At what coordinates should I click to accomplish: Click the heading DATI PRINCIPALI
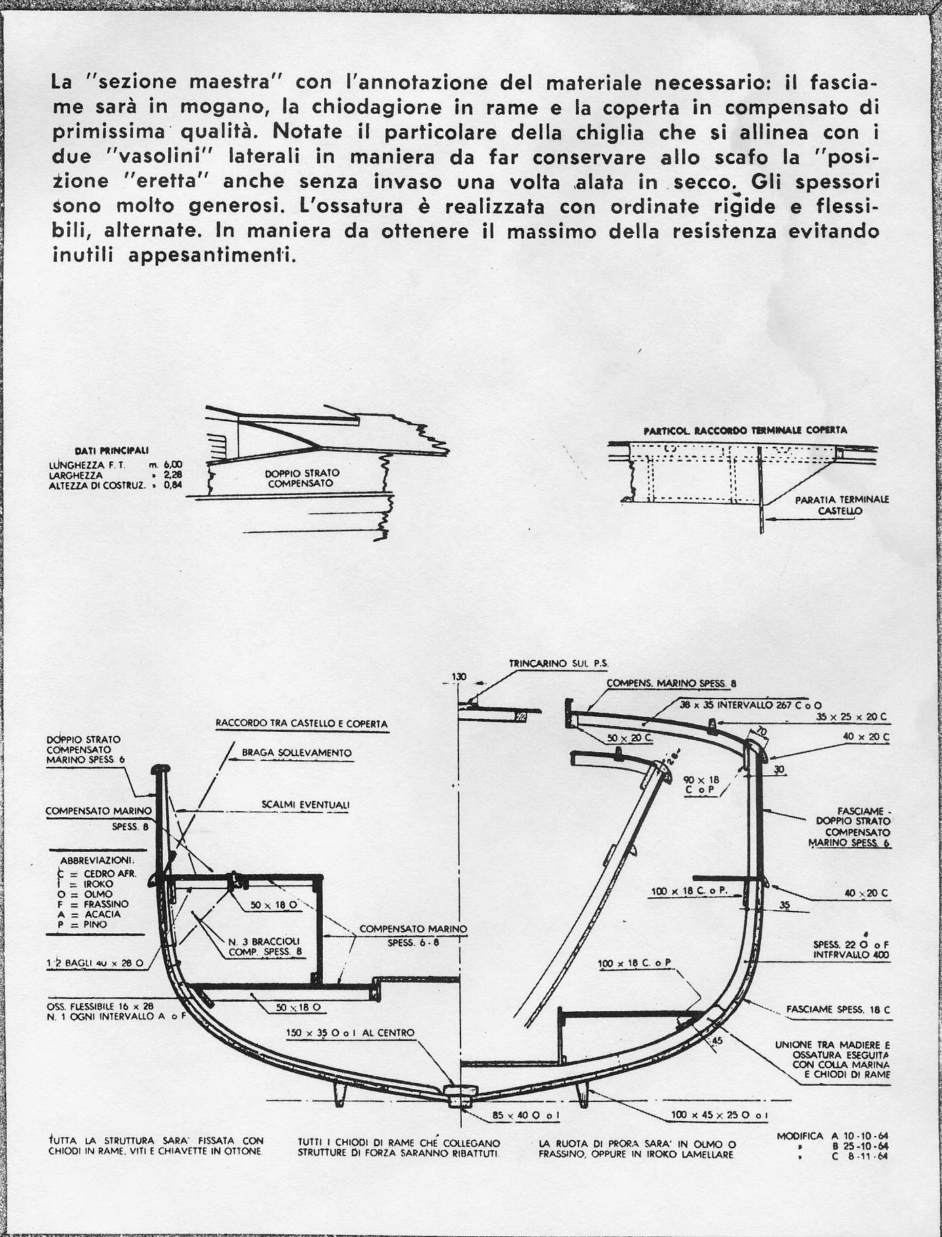(x=114, y=450)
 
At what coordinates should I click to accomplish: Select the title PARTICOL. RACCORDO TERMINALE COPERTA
(x=744, y=430)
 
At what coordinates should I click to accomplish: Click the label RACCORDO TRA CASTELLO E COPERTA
(x=301, y=724)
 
